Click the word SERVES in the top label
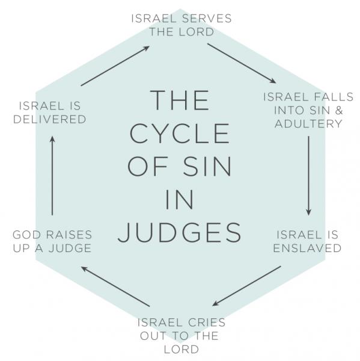(206, 19)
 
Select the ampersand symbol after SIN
(338, 110)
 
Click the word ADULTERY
(308, 124)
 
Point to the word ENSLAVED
(307, 248)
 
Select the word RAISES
(69, 235)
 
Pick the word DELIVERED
(50, 120)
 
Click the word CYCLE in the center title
(180, 134)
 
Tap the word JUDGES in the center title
(180, 232)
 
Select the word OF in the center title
(147, 167)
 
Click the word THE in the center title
(180, 100)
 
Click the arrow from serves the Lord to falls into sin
(242, 63)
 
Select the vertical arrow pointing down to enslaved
(309, 176)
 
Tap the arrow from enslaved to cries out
(246, 286)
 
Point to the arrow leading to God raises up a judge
(116, 286)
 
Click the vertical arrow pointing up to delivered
(52, 176)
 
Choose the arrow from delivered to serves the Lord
(115, 66)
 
